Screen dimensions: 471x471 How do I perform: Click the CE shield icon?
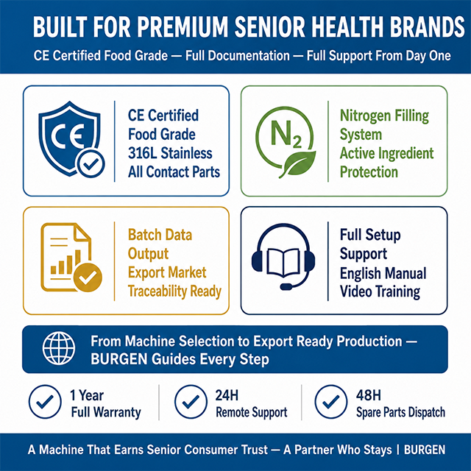pyautogui.click(x=71, y=139)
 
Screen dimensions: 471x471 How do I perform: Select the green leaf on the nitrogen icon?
pyautogui.click(x=298, y=164)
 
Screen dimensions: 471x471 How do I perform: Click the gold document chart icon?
pyautogui.click(x=71, y=258)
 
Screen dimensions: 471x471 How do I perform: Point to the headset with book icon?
pyautogui.click(x=283, y=256)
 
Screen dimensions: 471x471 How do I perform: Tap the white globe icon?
pyautogui.click(x=59, y=348)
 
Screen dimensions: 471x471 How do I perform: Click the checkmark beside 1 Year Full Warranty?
pyautogui.click(x=45, y=402)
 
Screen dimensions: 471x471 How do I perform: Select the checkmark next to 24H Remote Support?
pyautogui.click(x=191, y=402)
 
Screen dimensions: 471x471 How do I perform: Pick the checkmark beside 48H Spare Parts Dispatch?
pyautogui.click(x=331, y=402)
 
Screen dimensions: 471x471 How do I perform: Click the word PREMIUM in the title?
pyautogui.click(x=183, y=27)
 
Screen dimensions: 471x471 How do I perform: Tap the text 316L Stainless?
pyautogui.click(x=170, y=153)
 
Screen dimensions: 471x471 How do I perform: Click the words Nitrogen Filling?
pyautogui.click(x=384, y=116)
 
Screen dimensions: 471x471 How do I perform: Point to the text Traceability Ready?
pyautogui.click(x=174, y=291)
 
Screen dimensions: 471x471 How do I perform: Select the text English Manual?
pyautogui.click(x=383, y=273)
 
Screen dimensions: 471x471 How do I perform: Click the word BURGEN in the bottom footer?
pyautogui.click(x=425, y=450)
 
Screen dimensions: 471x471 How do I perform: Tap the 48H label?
pyautogui.click(x=368, y=395)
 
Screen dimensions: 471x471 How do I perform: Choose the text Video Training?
pyautogui.click(x=380, y=291)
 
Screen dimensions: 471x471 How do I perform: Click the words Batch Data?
pyautogui.click(x=160, y=235)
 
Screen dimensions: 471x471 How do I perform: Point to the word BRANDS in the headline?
pyautogui.click(x=427, y=27)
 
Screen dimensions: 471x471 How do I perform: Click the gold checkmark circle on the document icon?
pyautogui.click(x=88, y=277)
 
